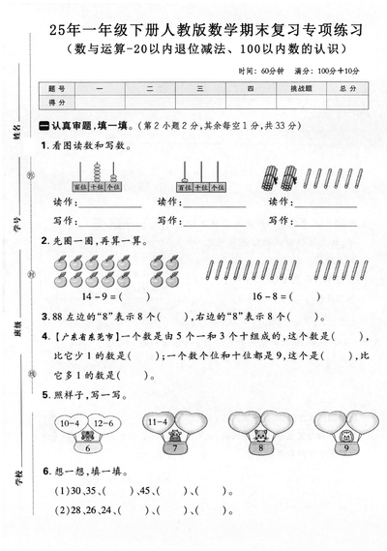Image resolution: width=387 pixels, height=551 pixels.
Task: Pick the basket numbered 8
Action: [260, 447]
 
